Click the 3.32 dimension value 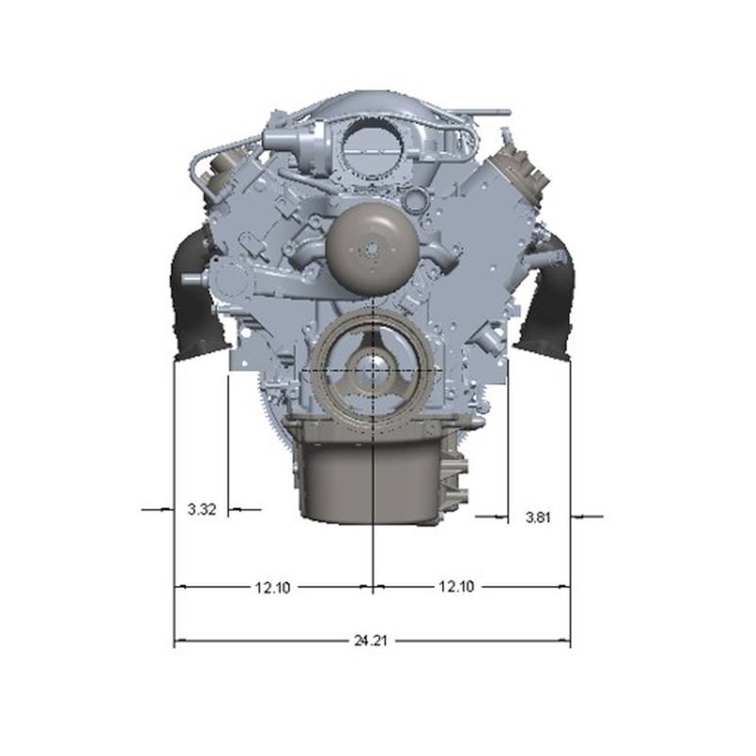201,509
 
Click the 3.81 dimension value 538,517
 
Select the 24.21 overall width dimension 370,641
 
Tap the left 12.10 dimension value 272,587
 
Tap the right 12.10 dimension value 456,586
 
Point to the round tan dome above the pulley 371,249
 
